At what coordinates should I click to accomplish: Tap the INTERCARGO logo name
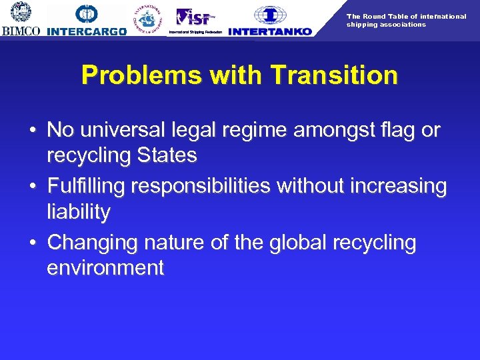(x=87, y=31)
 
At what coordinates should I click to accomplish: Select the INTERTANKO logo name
(x=269, y=31)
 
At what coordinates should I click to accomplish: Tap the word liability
(x=78, y=213)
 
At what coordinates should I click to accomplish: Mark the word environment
(x=105, y=268)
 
